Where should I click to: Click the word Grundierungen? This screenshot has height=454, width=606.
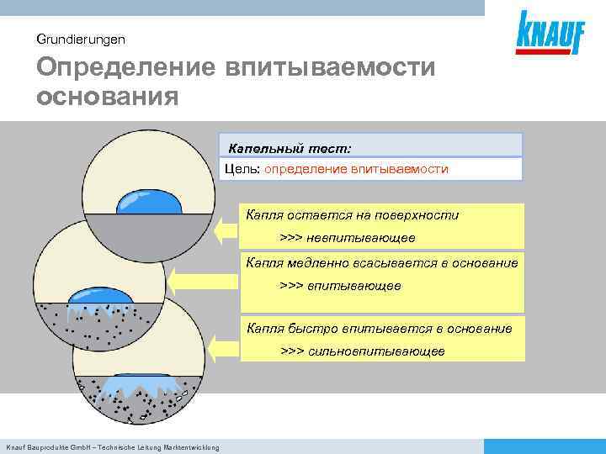(x=81, y=39)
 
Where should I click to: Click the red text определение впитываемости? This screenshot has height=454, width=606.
(x=356, y=169)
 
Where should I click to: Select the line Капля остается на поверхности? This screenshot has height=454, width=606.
(x=353, y=215)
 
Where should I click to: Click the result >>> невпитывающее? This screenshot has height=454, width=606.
(x=342, y=238)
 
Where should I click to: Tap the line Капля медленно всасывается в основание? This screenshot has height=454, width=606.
(x=381, y=263)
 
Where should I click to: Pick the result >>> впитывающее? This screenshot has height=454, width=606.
(x=340, y=286)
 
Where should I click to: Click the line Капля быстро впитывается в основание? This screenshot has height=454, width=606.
(x=379, y=328)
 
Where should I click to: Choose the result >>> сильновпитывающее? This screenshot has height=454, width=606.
(x=362, y=351)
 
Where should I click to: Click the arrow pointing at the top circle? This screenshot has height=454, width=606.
(x=226, y=229)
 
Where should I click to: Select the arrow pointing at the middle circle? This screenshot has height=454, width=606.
(x=181, y=277)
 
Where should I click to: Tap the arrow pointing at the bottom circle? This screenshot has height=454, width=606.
(x=224, y=348)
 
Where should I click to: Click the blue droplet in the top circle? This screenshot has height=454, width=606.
(x=150, y=203)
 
